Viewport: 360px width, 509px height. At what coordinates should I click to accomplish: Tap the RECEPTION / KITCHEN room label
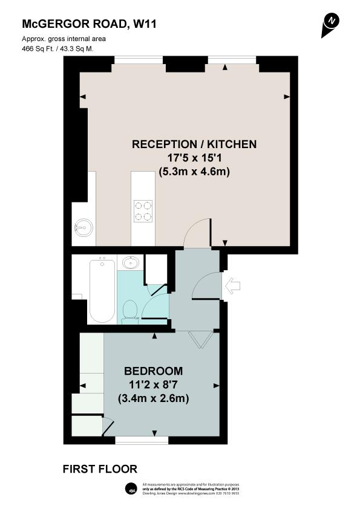click(x=194, y=144)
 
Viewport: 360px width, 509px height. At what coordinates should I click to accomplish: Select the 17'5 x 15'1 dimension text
click(x=194, y=158)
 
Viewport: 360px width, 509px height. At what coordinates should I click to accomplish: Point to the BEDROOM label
click(x=153, y=371)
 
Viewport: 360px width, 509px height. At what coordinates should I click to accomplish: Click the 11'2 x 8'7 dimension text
click(x=153, y=384)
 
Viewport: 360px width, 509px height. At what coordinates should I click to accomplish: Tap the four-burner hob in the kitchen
click(x=143, y=210)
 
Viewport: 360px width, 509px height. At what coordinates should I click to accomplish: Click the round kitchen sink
click(x=83, y=227)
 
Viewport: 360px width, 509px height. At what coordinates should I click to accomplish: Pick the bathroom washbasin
click(x=129, y=263)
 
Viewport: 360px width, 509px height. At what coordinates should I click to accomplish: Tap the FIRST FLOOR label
click(x=100, y=468)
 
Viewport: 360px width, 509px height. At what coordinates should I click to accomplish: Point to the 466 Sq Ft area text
click(x=59, y=48)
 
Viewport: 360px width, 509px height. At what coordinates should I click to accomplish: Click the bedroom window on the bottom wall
click(x=133, y=439)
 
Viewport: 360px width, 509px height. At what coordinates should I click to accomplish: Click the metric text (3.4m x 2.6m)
click(x=153, y=399)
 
